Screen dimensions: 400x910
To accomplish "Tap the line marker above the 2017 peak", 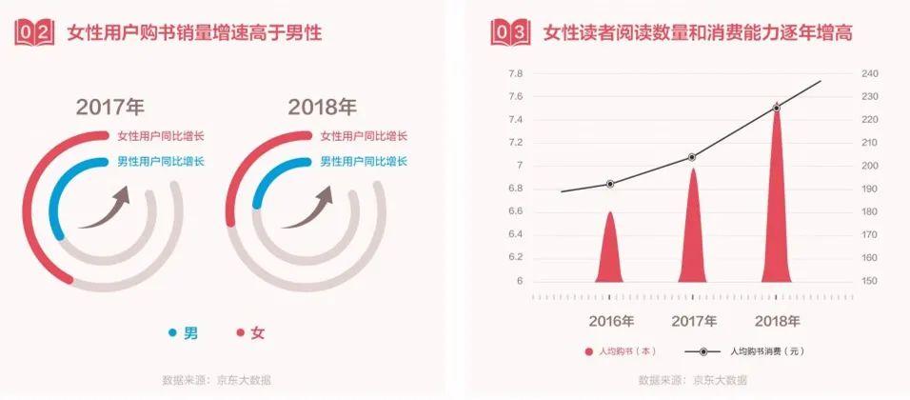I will click(692, 157).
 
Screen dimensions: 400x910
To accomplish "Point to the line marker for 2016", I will click(610, 184).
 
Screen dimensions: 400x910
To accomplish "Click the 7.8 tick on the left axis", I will click(516, 74).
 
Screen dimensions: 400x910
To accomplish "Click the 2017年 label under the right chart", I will click(693, 320).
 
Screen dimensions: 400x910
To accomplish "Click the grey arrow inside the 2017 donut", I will click(104, 209).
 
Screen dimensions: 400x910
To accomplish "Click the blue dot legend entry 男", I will click(183, 332).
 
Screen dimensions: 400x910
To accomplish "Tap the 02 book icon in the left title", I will click(35, 33).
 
